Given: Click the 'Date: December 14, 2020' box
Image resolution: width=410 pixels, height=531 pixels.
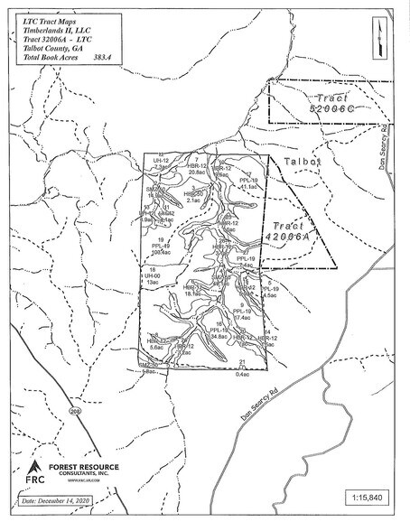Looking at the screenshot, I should (60, 498).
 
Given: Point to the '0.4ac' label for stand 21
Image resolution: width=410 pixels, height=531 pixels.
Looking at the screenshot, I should (242, 373).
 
